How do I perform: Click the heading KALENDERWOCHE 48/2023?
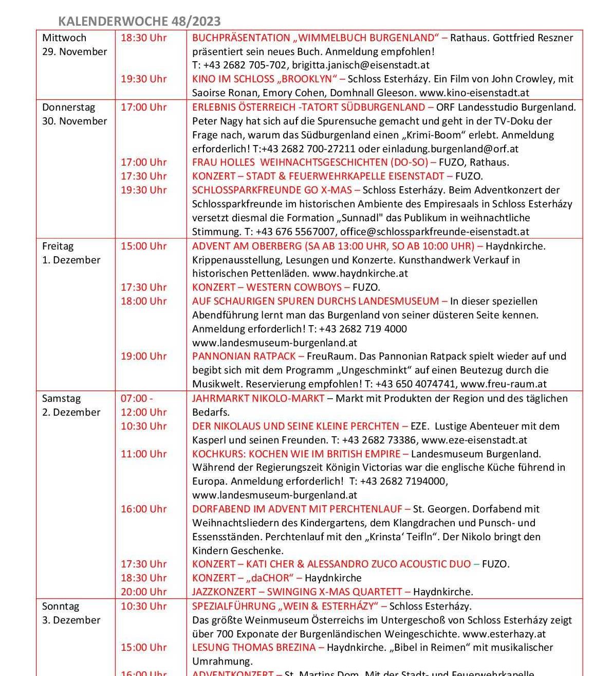coord(139,21)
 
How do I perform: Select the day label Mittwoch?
coord(64,38)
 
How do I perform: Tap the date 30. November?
coord(75,121)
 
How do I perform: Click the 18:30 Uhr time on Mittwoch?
coord(143,38)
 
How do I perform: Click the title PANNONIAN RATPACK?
coord(244,356)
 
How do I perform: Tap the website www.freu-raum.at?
coord(504,384)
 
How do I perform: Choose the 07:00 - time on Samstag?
coord(137,398)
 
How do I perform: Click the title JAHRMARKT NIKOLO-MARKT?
coord(258,398)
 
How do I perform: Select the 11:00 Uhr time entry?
coord(143,454)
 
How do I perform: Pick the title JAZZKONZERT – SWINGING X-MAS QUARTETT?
coord(297,592)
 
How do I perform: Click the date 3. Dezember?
coord(71,620)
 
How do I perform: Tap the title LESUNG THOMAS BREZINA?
coord(254,647)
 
